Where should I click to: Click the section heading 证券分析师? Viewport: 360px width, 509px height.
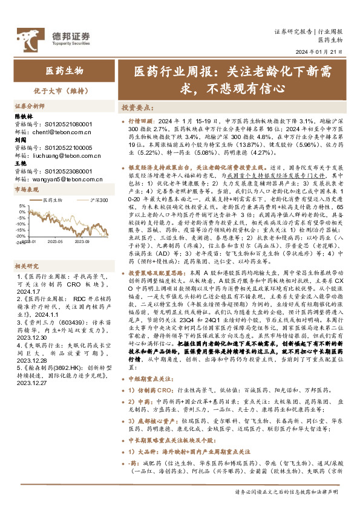click(x=31, y=105)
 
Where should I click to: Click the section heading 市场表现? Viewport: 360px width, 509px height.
click(x=27, y=189)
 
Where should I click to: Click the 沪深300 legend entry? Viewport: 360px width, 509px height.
click(x=97, y=199)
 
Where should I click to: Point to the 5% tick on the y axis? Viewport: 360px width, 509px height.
click(x=22, y=206)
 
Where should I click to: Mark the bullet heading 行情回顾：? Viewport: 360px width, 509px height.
click(x=143, y=121)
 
